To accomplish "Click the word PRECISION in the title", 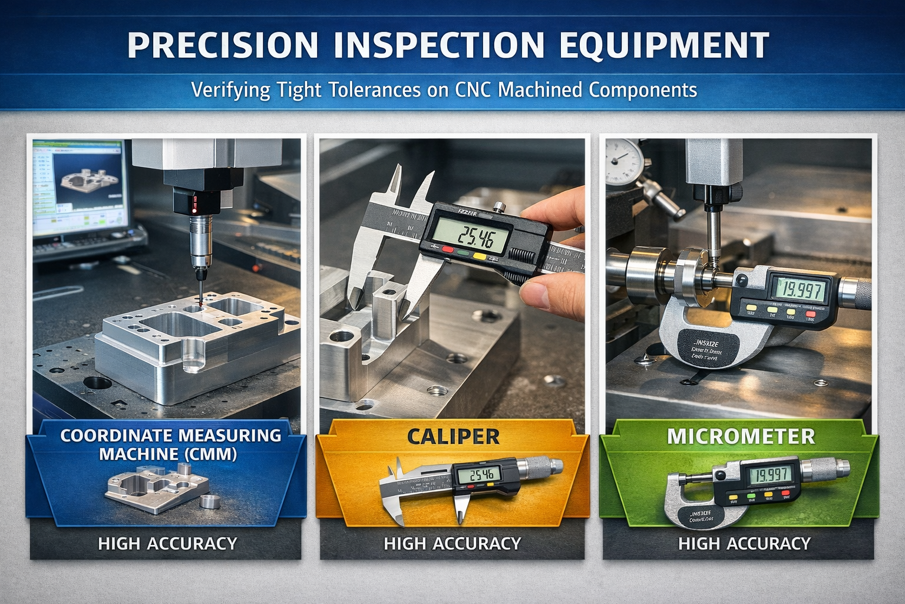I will [x=223, y=45].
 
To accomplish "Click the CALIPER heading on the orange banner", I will [x=453, y=436].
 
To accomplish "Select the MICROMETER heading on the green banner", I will [x=741, y=436].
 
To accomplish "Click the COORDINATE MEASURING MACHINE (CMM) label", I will [x=170, y=444].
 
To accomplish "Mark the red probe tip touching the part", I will [x=200, y=302].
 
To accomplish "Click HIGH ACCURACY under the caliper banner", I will [x=452, y=543].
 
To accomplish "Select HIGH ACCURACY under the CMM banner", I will [x=167, y=543].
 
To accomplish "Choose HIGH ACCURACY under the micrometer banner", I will [x=744, y=543].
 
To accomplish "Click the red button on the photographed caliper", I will [x=448, y=250].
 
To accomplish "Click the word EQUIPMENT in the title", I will [x=663, y=45].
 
